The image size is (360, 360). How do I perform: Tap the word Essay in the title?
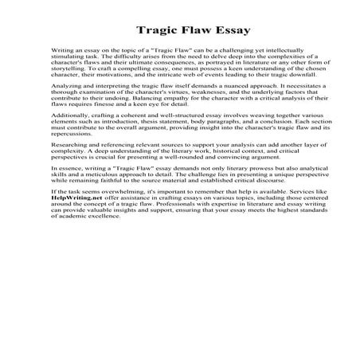224,31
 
